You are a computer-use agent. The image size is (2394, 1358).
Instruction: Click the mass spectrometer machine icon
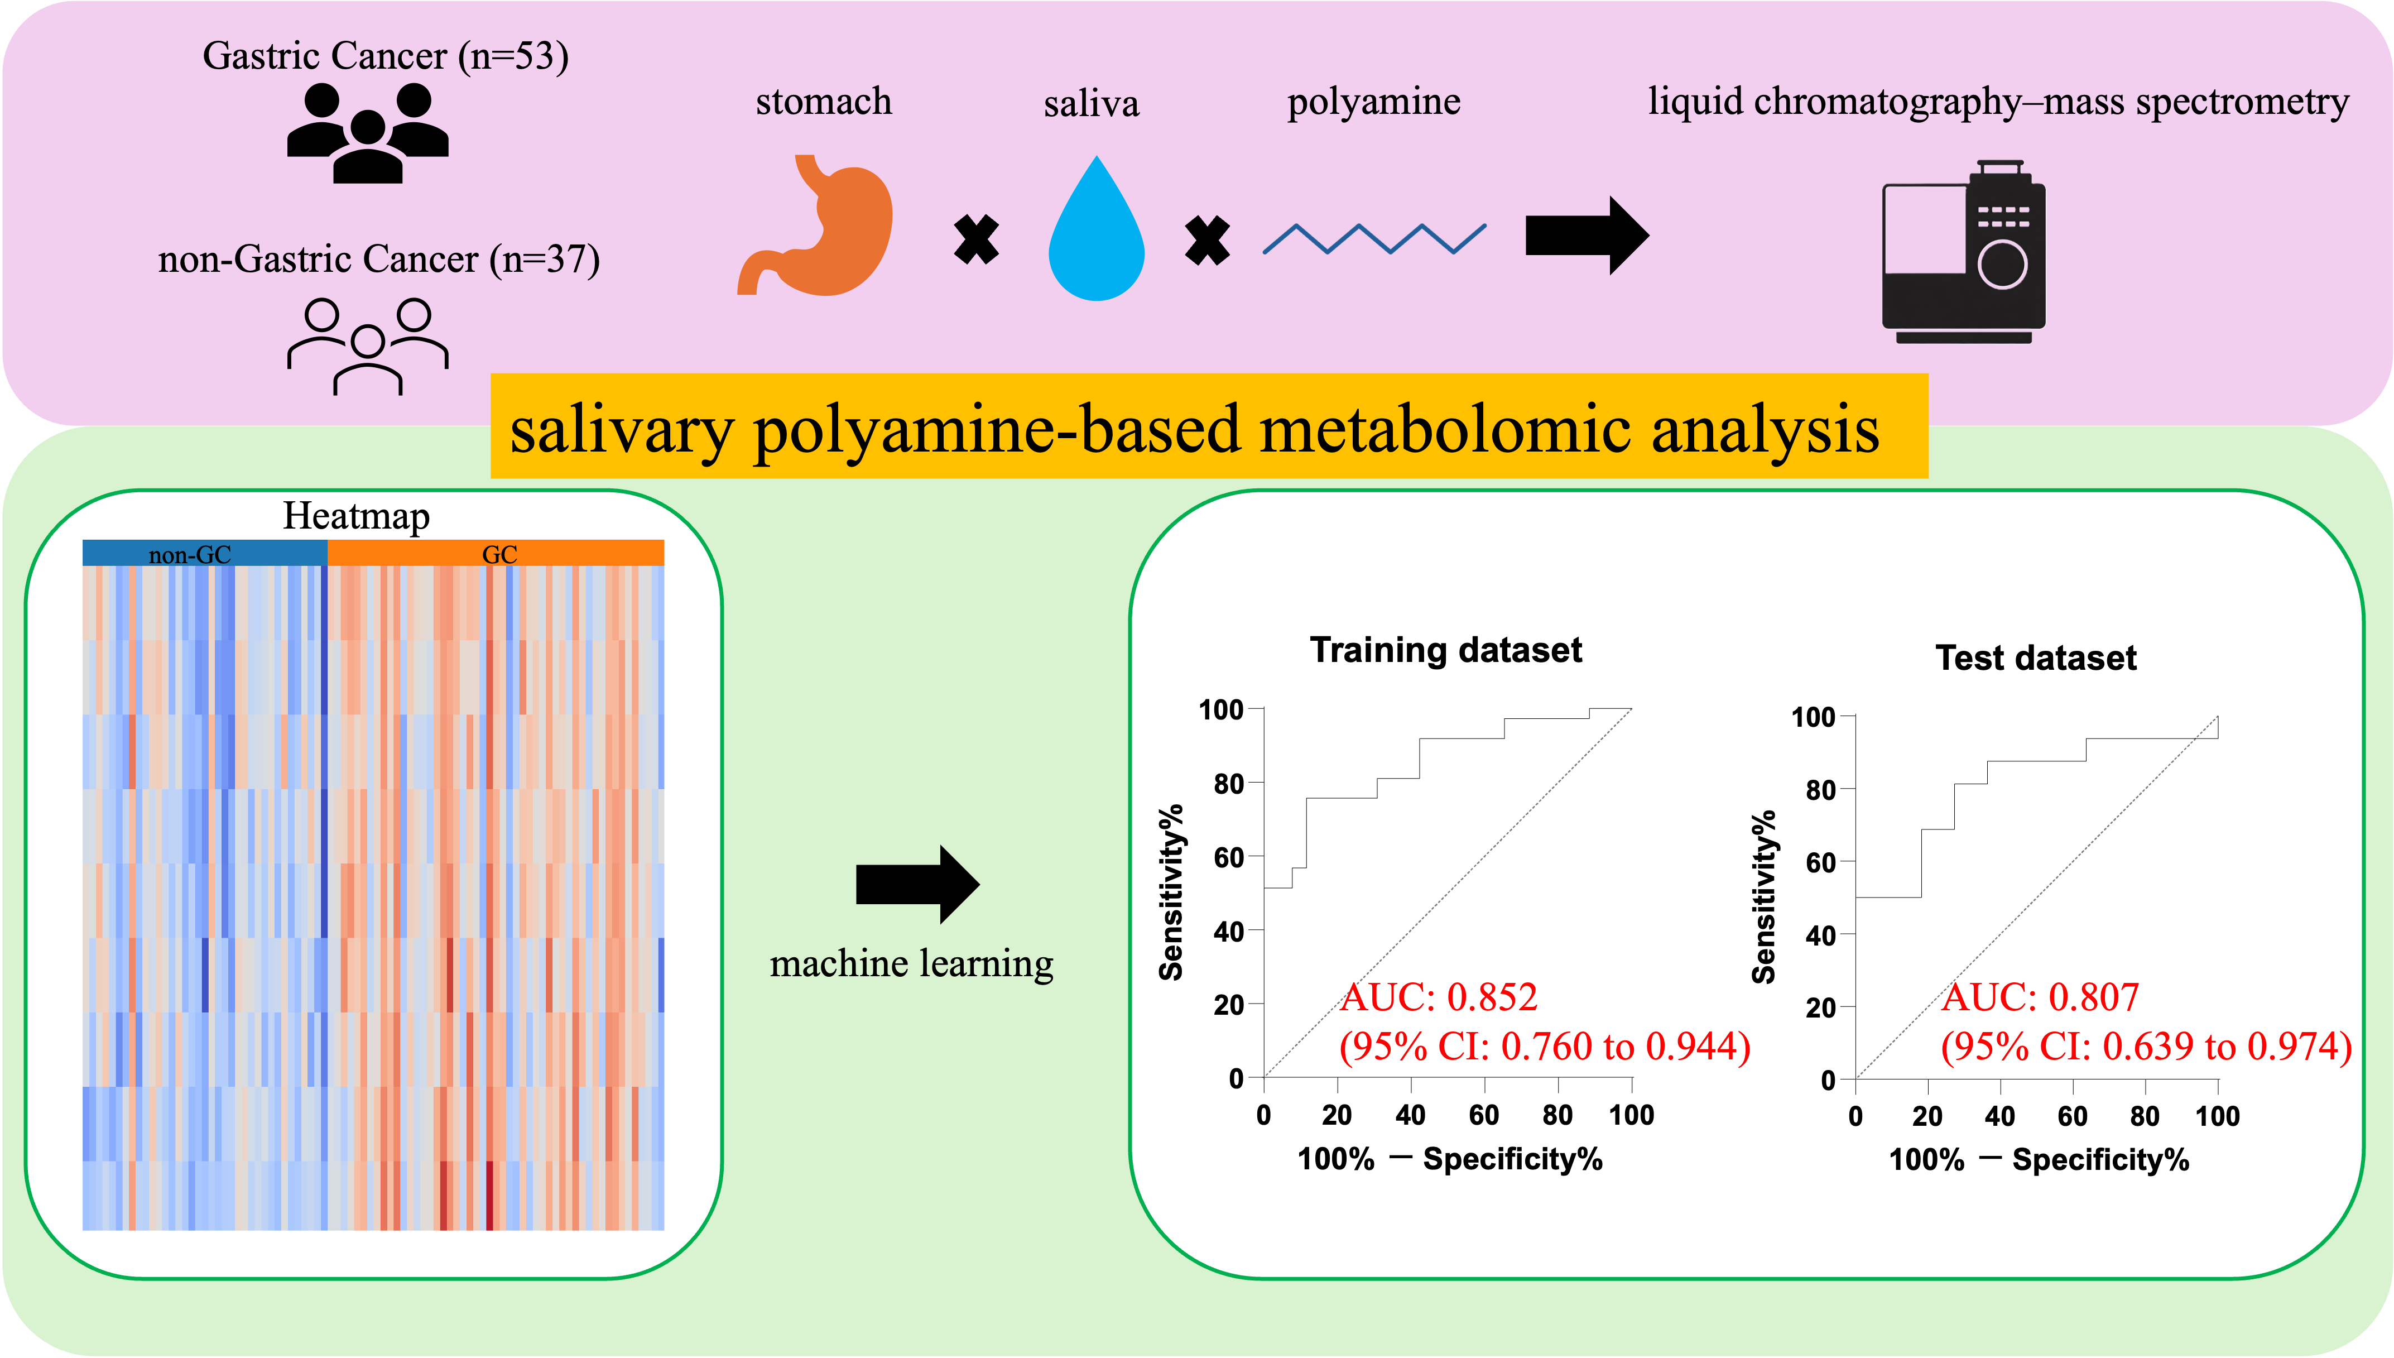pyautogui.click(x=1963, y=252)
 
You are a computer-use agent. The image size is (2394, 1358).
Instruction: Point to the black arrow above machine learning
pyautogui.click(x=917, y=884)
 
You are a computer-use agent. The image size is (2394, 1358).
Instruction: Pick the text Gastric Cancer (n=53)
pyautogui.click(x=386, y=56)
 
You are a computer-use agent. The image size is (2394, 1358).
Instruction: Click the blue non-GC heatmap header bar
pyautogui.click(x=205, y=553)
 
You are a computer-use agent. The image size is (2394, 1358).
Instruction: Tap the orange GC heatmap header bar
pyautogui.click(x=496, y=553)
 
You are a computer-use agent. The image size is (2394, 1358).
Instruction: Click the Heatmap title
pyautogui.click(x=356, y=516)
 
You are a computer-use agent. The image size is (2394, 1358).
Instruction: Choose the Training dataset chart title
pyautogui.click(x=1446, y=650)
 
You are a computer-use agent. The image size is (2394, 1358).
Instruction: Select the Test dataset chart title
pyautogui.click(x=2036, y=658)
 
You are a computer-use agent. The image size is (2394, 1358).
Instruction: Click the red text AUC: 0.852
pyautogui.click(x=1439, y=997)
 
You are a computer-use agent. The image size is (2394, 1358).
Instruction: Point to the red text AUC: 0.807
pyautogui.click(x=2041, y=997)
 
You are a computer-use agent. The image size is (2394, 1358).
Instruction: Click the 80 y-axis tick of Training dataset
pyautogui.click(x=1229, y=784)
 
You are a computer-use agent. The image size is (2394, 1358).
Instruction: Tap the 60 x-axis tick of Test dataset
pyautogui.click(x=2073, y=1116)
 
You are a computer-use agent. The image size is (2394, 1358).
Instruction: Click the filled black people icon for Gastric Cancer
pyautogui.click(x=368, y=132)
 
